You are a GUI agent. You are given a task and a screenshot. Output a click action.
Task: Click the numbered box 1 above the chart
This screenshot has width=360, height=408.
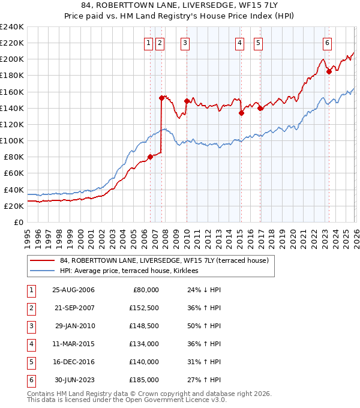148,43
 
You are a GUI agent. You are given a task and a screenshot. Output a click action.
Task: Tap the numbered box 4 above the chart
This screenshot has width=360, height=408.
239,43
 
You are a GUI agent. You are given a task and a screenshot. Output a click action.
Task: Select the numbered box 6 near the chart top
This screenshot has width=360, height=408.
327,43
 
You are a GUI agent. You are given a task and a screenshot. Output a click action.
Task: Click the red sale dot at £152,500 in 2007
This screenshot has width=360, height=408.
161,98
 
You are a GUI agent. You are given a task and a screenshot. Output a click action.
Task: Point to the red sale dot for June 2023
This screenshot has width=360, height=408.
329,71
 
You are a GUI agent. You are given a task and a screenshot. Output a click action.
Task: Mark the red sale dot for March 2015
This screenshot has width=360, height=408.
241,113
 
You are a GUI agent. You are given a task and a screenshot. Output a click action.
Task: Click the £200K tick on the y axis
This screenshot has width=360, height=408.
12,59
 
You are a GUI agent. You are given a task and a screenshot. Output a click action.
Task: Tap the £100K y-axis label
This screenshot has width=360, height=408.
12,140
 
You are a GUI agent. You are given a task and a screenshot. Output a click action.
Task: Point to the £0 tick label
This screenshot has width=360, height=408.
19,222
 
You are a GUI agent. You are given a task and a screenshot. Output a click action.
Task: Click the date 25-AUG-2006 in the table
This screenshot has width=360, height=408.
73,290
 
